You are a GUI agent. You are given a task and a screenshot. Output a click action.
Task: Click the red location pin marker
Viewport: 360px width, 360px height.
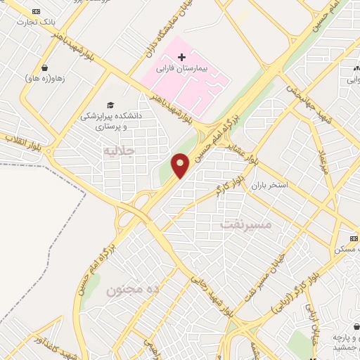(x=181, y=165)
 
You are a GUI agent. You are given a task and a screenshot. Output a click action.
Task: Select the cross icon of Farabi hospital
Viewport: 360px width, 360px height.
(x=181, y=56)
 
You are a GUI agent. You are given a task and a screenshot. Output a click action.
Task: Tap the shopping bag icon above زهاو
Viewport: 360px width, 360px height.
(x=45, y=69)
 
